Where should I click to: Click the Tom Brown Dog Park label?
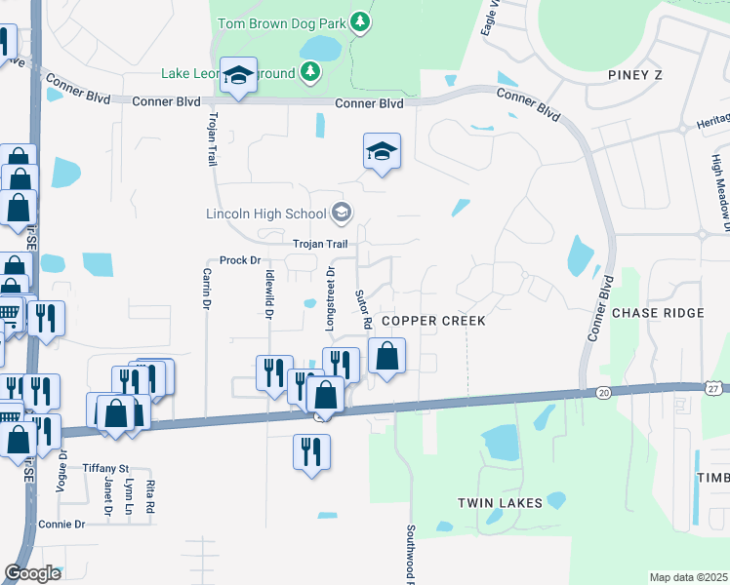(x=279, y=20)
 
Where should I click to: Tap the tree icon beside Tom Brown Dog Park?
(x=361, y=20)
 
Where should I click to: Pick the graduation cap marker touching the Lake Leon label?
(x=237, y=76)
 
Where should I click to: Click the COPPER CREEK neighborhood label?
(x=432, y=321)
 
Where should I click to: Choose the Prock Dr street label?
(x=240, y=260)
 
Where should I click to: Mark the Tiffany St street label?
(x=105, y=468)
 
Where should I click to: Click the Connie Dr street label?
(x=62, y=524)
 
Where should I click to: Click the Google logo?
(x=32, y=572)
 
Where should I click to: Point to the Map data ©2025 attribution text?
(x=688, y=577)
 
